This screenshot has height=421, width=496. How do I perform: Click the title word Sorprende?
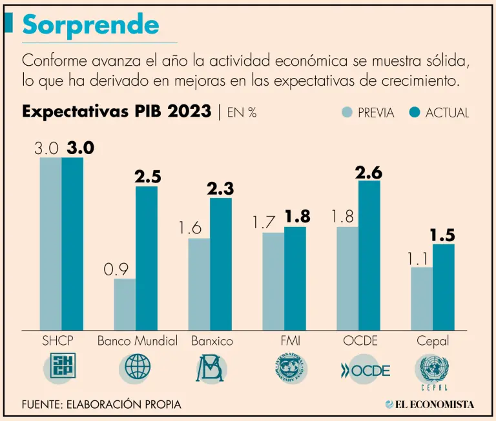pos(90,24)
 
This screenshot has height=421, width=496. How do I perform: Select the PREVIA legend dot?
pos(347,112)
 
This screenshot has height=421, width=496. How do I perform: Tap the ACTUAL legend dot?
pos(415,112)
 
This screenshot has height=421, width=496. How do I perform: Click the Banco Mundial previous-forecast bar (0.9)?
pos(125,304)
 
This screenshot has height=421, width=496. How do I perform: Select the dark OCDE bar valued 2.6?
pos(369,255)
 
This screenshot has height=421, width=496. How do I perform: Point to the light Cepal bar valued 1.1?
pos(422,298)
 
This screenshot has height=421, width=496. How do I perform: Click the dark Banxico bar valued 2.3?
pos(221,264)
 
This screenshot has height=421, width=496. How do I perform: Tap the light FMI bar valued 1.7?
pos(273,280)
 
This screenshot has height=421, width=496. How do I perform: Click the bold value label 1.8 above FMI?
pos(297,217)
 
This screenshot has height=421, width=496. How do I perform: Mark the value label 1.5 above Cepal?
pos(442,235)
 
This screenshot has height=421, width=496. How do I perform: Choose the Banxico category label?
pos(212,341)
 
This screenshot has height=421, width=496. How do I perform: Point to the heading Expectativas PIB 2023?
pos(116,112)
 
